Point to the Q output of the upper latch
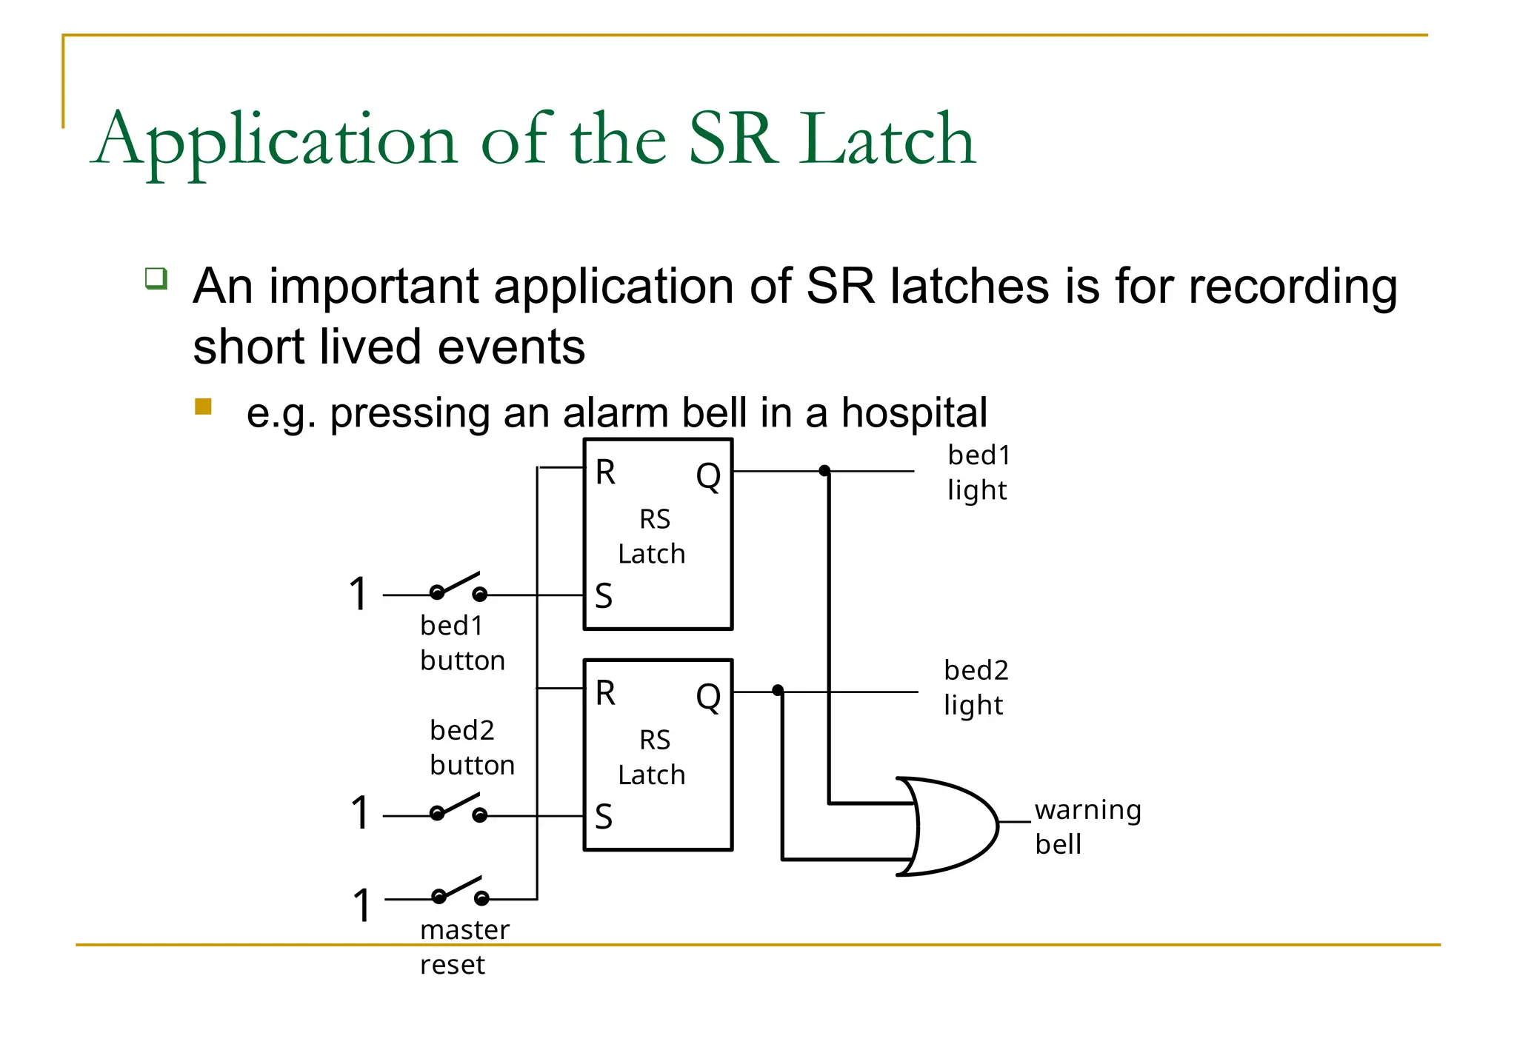708,475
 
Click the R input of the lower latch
605,693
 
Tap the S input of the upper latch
604,596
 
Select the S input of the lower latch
604,817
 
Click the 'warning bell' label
1087,826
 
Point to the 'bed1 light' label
978,472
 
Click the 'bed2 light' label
976,687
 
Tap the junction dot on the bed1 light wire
824,471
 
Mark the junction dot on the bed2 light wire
778,690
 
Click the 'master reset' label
464,947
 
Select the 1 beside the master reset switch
361,905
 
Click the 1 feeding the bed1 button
359,594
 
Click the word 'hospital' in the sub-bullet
913,412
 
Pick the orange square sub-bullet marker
204,407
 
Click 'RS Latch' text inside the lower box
653,757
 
